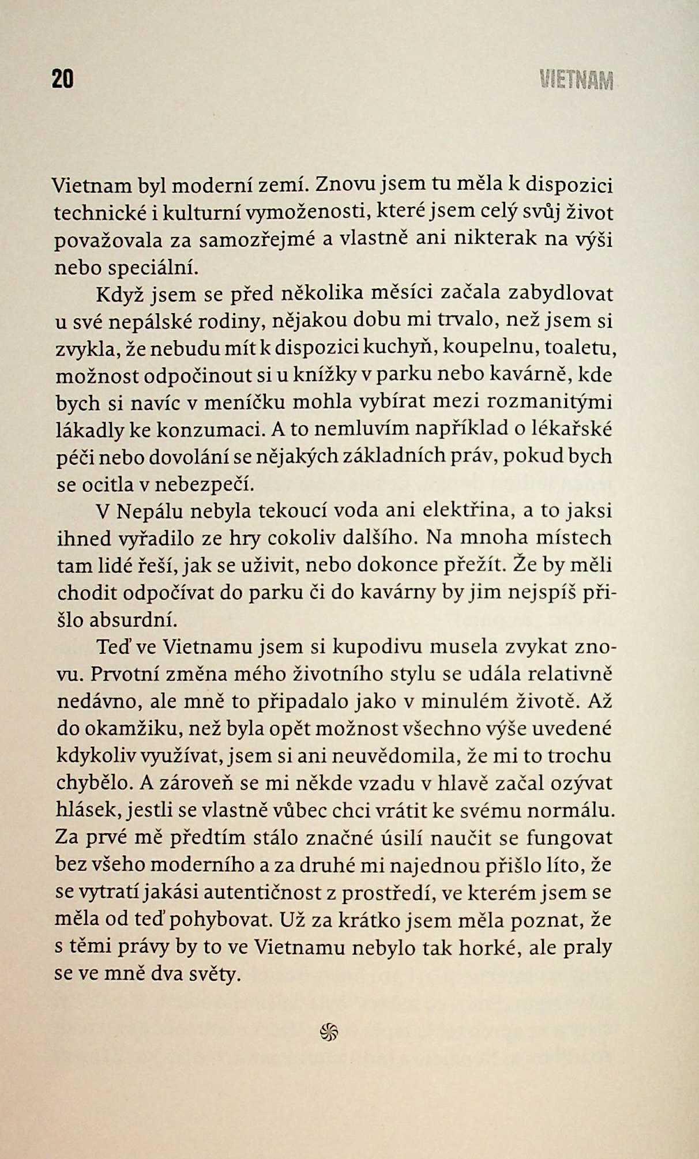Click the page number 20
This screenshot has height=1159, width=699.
tap(63, 79)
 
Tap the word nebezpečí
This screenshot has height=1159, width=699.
tap(205, 484)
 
